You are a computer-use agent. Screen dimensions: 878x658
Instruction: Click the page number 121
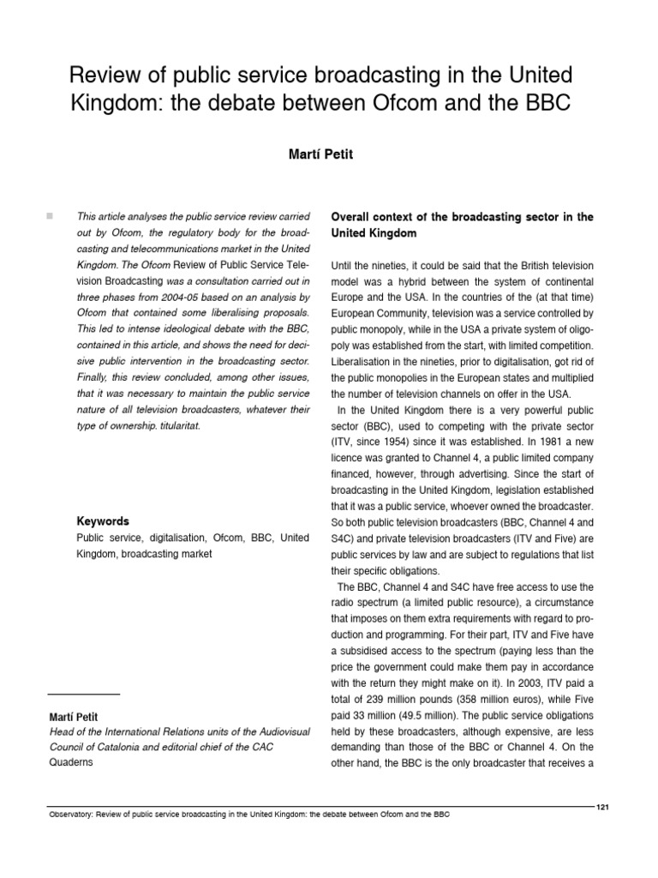click(602, 807)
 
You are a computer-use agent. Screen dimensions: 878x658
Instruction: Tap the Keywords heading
click(103, 520)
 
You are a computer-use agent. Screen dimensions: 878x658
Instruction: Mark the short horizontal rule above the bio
click(83, 693)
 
